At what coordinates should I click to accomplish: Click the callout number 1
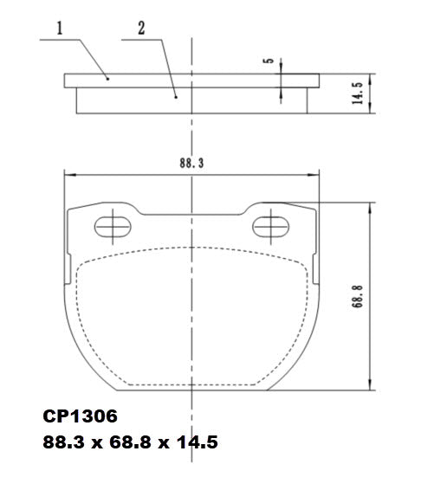(60, 29)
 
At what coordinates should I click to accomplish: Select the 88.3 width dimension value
(191, 162)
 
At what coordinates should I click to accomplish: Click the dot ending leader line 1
(107, 78)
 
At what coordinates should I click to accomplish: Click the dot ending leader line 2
(176, 98)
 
